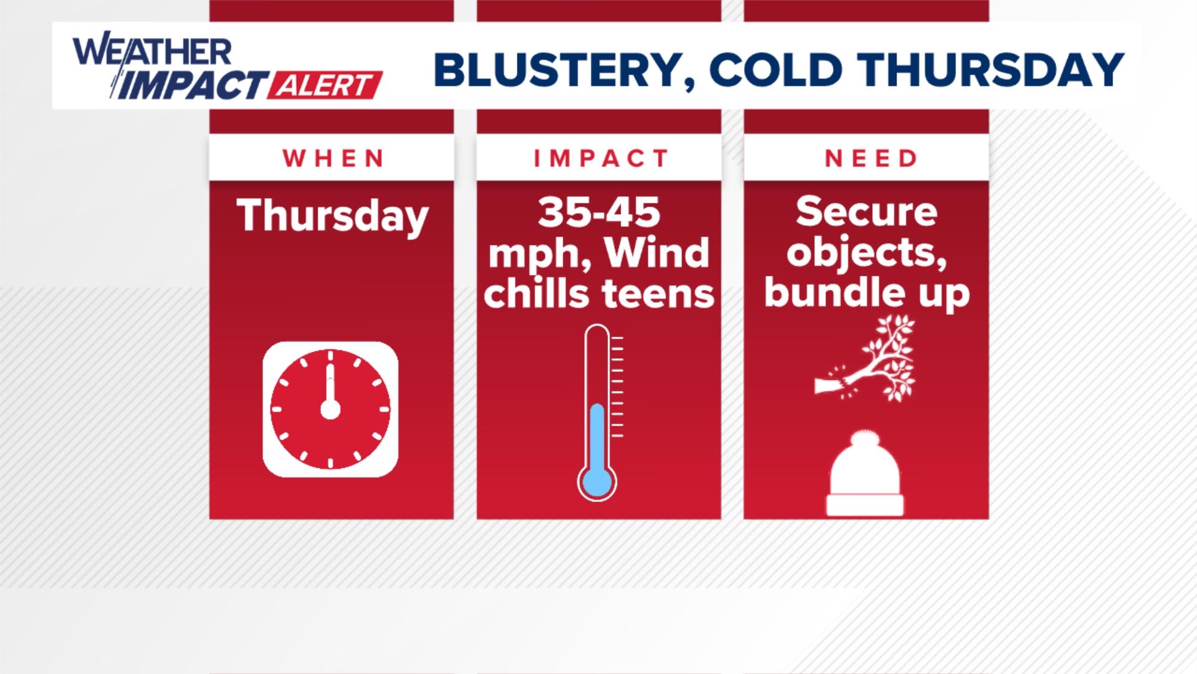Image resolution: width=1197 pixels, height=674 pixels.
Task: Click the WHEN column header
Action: pyautogui.click(x=332, y=159)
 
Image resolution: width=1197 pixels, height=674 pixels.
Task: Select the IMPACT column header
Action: pyautogui.click(x=600, y=159)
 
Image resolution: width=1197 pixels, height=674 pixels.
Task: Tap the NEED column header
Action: pyautogui.click(x=870, y=159)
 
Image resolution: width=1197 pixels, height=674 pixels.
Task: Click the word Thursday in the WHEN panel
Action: pyautogui.click(x=332, y=216)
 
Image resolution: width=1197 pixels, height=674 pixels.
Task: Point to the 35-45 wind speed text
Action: pyautogui.click(x=598, y=212)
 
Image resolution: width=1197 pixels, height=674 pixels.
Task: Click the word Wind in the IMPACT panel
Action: pyautogui.click(x=656, y=253)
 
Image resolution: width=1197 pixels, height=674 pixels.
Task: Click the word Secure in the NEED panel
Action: pyautogui.click(x=866, y=212)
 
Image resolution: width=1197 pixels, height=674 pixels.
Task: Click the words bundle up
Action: pyautogui.click(x=867, y=293)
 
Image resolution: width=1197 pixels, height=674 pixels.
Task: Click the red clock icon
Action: pyautogui.click(x=330, y=409)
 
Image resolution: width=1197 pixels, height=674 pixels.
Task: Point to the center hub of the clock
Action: pyautogui.click(x=330, y=410)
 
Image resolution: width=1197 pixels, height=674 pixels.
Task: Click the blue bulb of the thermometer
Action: pyautogui.click(x=597, y=482)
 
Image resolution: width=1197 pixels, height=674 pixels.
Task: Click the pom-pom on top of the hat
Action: pyautogui.click(x=865, y=439)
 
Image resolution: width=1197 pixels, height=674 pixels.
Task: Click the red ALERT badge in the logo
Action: pyautogui.click(x=324, y=85)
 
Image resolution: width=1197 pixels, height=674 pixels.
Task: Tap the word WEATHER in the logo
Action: pyautogui.click(x=152, y=52)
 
